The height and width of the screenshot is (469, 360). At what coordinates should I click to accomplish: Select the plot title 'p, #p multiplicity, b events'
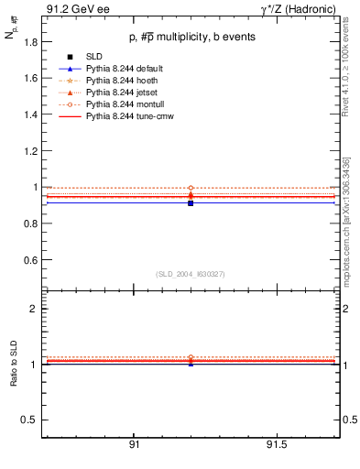[185, 37]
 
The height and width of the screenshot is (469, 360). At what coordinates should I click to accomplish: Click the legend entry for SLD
[94, 58]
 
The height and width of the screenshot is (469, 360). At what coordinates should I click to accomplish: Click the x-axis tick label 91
[134, 444]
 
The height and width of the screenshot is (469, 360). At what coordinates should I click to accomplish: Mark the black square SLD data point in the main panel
[191, 202]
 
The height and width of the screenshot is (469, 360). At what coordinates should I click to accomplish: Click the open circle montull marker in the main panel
[191, 188]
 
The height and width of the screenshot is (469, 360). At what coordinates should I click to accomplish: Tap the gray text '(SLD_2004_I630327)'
[191, 274]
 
